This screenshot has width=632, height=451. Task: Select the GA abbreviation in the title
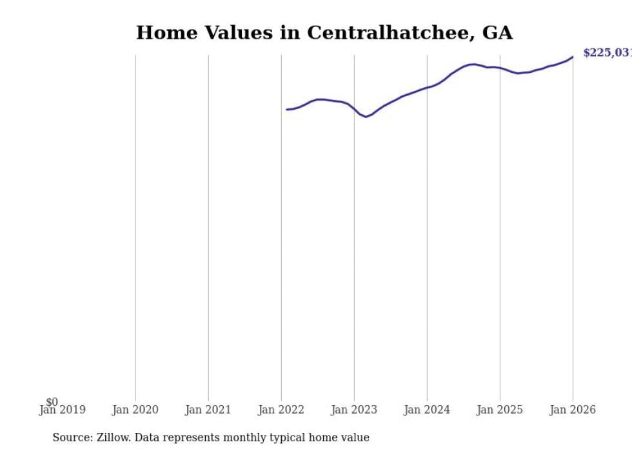click(x=497, y=33)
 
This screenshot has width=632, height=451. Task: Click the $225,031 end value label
click(x=606, y=53)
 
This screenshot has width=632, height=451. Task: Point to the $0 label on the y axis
click(x=52, y=403)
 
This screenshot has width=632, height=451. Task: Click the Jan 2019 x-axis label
click(x=62, y=410)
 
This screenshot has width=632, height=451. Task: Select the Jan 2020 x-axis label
click(x=135, y=410)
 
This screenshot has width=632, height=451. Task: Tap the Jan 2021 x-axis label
click(x=208, y=410)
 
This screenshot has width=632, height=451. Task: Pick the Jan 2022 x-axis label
click(x=281, y=410)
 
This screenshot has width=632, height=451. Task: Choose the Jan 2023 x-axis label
click(x=354, y=410)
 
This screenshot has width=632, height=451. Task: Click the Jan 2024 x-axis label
click(x=427, y=410)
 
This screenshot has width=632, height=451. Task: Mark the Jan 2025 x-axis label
click(x=500, y=410)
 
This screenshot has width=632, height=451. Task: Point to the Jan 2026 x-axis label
click(x=573, y=410)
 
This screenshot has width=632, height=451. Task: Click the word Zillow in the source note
click(x=114, y=437)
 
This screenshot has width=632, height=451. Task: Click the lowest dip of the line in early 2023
click(x=366, y=117)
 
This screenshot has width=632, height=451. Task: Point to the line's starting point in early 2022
click(x=287, y=110)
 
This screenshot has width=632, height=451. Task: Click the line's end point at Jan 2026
click(x=573, y=57)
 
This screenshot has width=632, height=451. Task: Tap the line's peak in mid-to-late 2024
click(x=473, y=64)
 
